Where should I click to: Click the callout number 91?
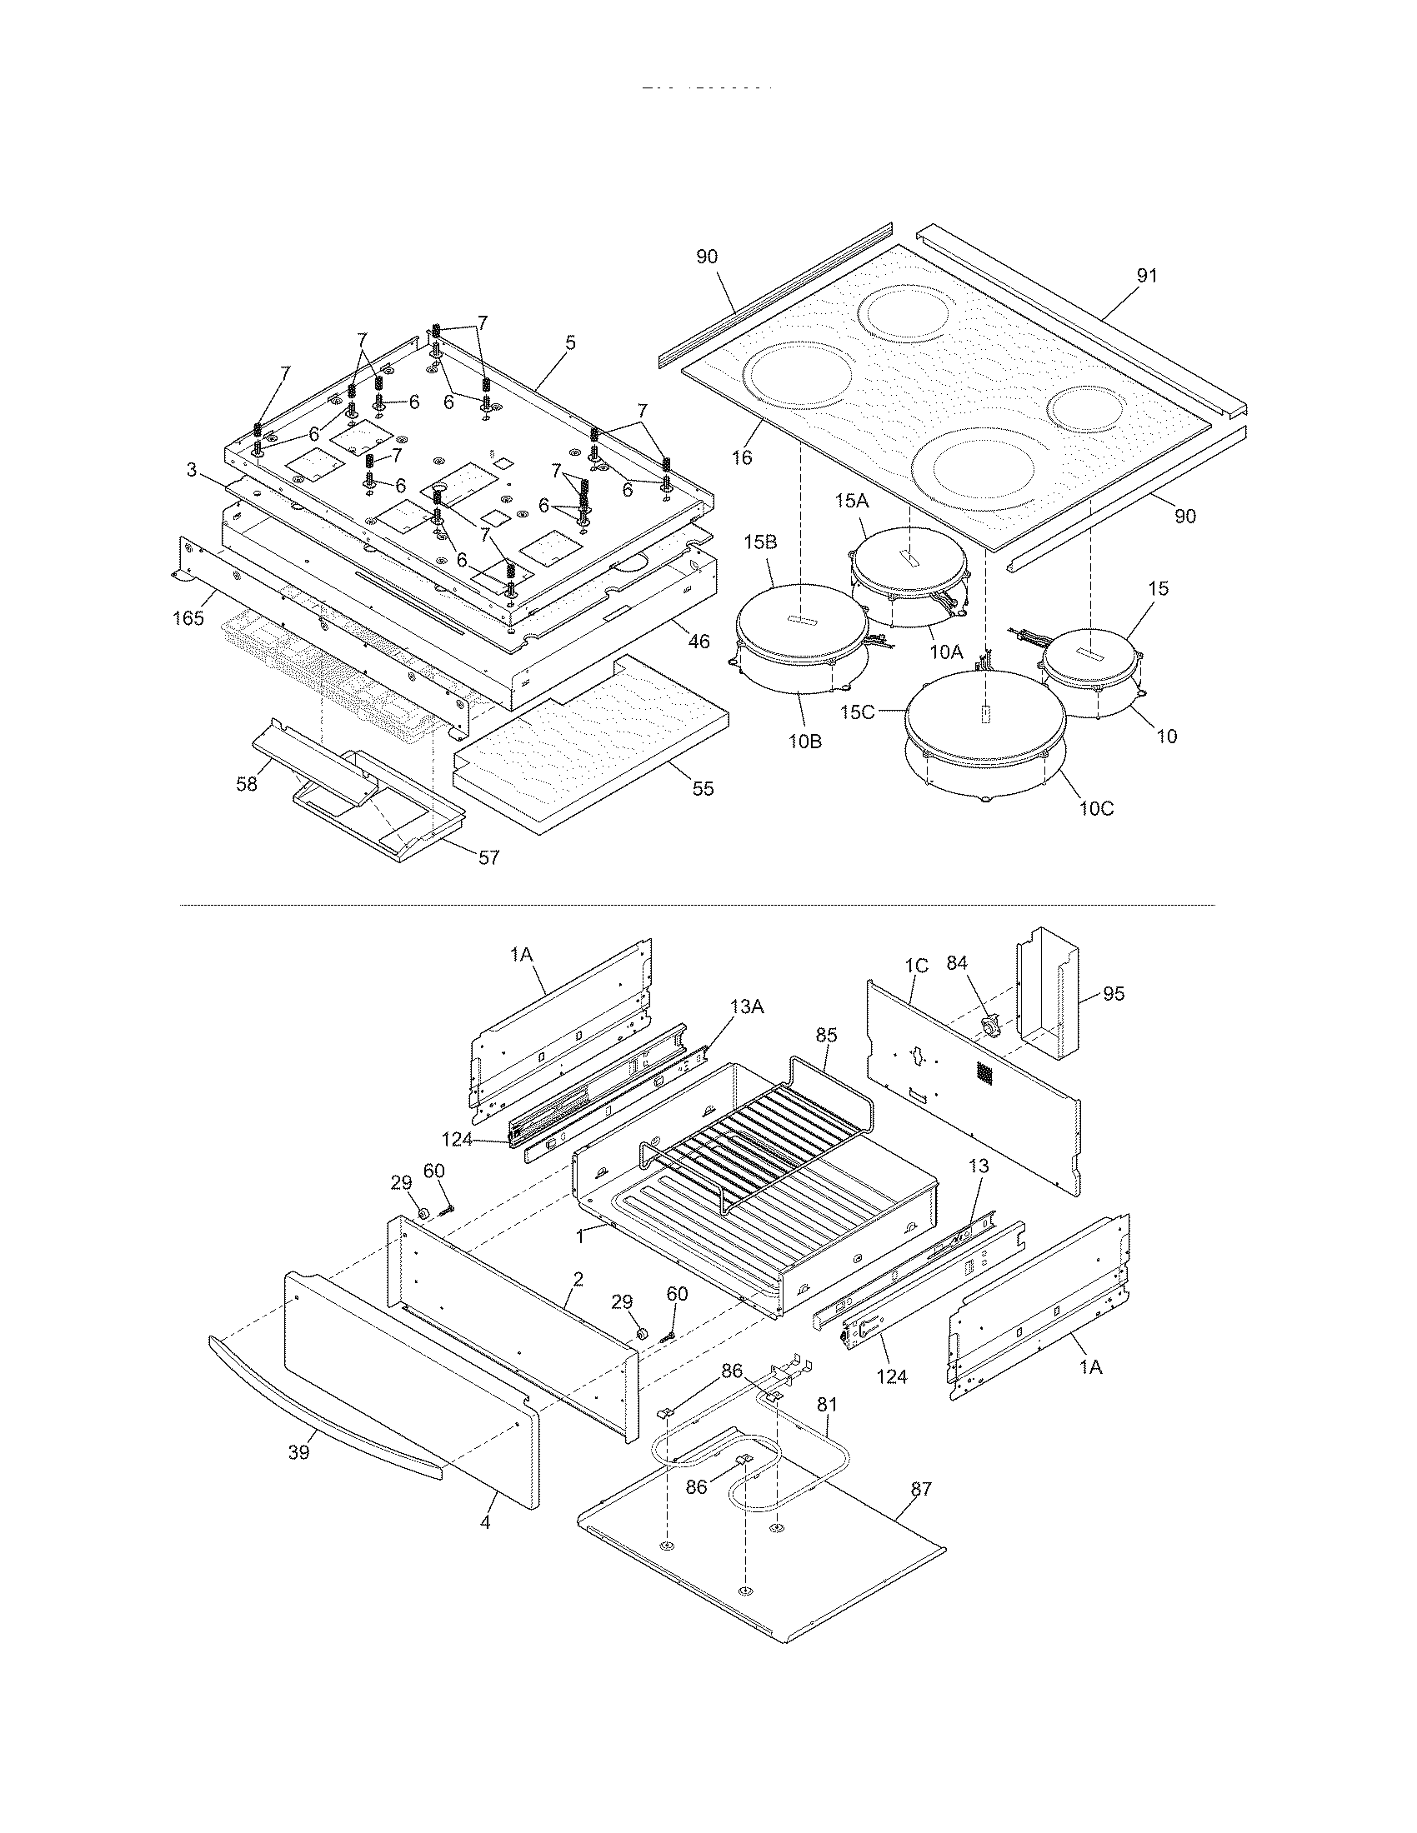(x=1147, y=276)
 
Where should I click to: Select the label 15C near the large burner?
(x=857, y=712)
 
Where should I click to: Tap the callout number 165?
(x=188, y=618)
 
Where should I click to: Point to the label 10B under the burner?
(x=804, y=741)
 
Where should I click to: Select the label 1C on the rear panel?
(x=916, y=966)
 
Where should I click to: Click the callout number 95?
(x=1113, y=994)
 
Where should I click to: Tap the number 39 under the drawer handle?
(x=299, y=1453)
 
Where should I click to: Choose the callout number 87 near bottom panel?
(x=920, y=1489)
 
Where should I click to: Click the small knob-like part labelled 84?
(x=990, y=1026)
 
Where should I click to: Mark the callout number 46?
(x=698, y=642)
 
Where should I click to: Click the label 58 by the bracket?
(x=246, y=785)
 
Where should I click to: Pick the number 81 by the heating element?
(x=827, y=1404)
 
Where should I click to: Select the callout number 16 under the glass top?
(x=741, y=457)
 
